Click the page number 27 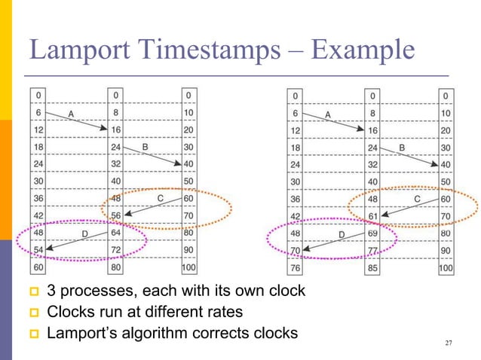[x=449, y=343]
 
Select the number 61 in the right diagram [x=372, y=216]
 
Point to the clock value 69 [x=372, y=233]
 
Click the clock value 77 [x=372, y=251]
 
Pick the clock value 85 [x=372, y=268]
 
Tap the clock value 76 [x=296, y=268]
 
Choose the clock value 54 [x=38, y=251]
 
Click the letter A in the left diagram [x=71, y=114]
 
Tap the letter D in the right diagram [x=341, y=235]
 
